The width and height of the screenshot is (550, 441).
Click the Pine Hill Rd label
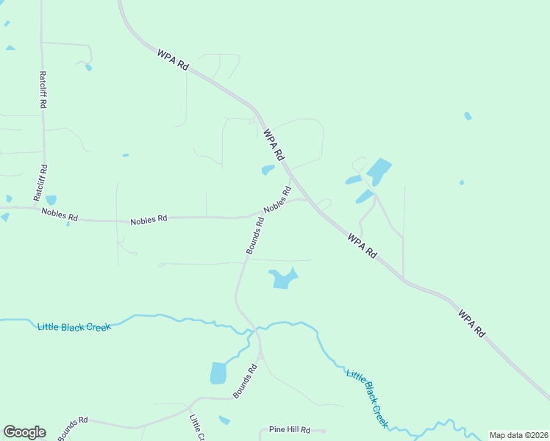pyautogui.click(x=289, y=430)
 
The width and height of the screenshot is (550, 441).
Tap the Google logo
pyautogui.click(x=24, y=432)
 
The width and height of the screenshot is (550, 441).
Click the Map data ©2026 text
pyautogui.click(x=518, y=435)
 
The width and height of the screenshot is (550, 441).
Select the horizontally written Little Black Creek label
pyautogui.click(x=74, y=326)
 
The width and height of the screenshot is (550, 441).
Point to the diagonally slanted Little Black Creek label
pyautogui.click(x=367, y=398)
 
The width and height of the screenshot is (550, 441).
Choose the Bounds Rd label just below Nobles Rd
pyautogui.click(x=255, y=236)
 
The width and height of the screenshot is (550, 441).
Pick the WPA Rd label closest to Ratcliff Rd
pyautogui.click(x=173, y=60)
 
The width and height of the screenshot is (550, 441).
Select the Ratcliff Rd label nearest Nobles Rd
pyautogui.click(x=40, y=183)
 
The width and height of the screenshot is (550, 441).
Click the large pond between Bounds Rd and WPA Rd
pyautogui.click(x=283, y=279)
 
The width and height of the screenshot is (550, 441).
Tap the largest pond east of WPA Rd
pyautogui.click(x=378, y=171)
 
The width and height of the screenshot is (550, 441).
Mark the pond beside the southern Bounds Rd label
pyautogui.click(x=218, y=373)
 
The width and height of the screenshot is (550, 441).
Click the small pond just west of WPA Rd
pyautogui.click(x=268, y=170)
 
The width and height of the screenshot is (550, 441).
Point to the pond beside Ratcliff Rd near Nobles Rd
pyautogui.click(x=51, y=200)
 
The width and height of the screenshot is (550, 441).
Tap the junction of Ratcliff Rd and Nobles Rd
pyautogui.click(x=42, y=209)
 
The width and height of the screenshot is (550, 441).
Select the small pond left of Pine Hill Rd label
pyautogui.click(x=224, y=420)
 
